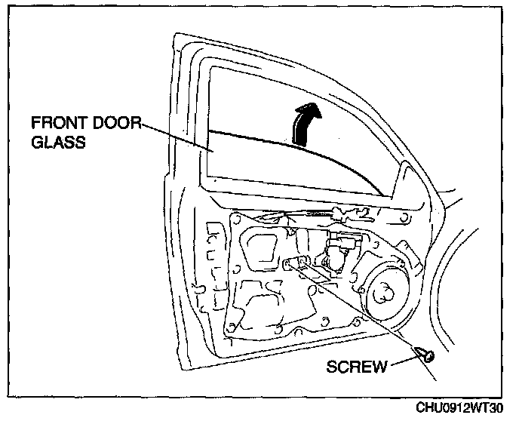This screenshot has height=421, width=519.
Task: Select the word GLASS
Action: [54, 143]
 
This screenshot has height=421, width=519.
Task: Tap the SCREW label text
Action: [358, 367]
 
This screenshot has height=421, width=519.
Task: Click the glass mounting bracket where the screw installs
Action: [296, 263]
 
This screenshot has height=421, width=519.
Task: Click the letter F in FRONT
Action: [35, 123]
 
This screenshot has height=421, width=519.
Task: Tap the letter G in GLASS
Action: [35, 143]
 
